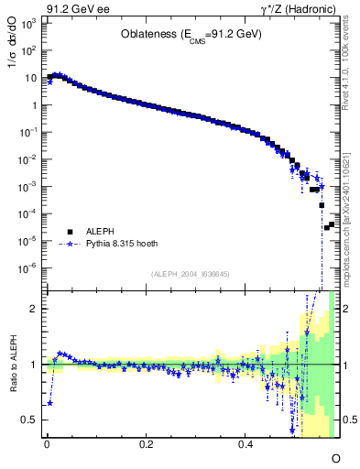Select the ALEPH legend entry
[97, 232]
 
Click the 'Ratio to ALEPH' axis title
[12, 365]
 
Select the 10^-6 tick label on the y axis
[27, 267]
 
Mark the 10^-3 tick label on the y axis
[27, 186]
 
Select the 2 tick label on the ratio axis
[35, 309]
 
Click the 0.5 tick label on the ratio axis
[30, 420]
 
